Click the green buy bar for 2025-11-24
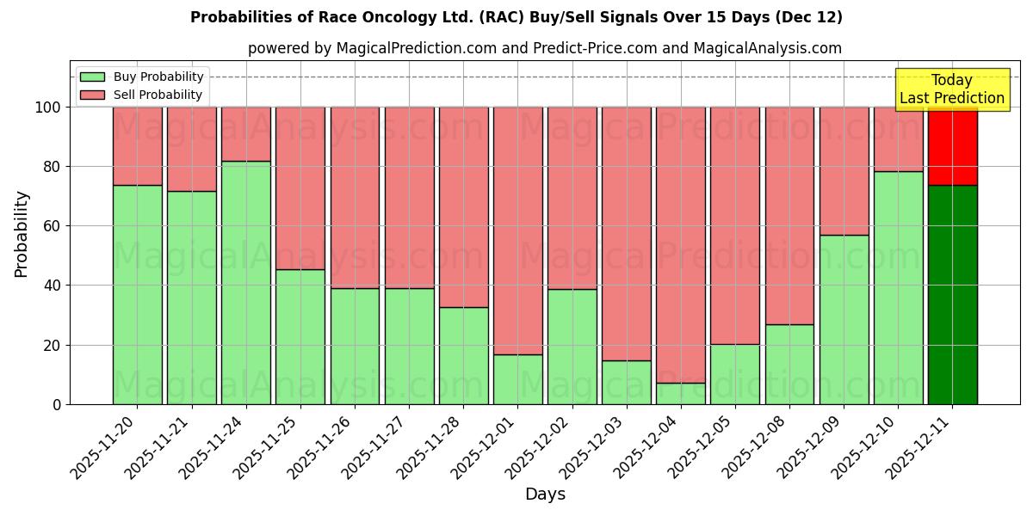click(x=246, y=282)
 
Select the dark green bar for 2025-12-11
click(x=952, y=294)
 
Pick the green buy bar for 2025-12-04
click(x=681, y=393)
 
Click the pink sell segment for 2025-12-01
click(x=518, y=230)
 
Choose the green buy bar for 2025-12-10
click(x=898, y=287)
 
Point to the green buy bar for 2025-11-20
click(x=138, y=294)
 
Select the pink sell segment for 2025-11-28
click(x=464, y=206)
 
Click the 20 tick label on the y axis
click(x=54, y=345)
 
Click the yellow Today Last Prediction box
click(x=952, y=89)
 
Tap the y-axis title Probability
click(x=22, y=234)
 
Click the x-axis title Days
click(x=545, y=494)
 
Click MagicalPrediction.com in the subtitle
click(x=417, y=48)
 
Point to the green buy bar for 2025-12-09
click(x=844, y=319)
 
